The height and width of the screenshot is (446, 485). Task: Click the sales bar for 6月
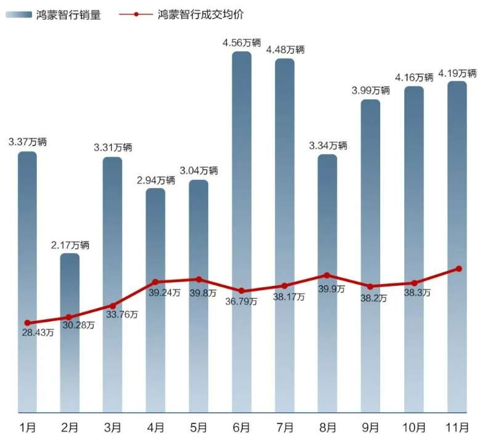pos(242,185)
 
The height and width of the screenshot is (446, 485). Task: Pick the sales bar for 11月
pos(457,185)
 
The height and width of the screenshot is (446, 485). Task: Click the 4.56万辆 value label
pos(242,43)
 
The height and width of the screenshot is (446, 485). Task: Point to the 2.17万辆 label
pos(70,245)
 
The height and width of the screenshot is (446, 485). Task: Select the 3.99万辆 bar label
pos(371,91)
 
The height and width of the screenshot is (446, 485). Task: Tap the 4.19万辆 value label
pos(457,73)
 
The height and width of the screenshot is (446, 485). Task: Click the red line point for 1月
pos(27,323)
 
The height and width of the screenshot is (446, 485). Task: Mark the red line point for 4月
pos(156,282)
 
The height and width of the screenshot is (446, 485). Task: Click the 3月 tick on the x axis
pos(113,427)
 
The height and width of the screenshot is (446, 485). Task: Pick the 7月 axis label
pos(285,427)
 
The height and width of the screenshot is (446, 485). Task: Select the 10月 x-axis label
pos(414,427)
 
